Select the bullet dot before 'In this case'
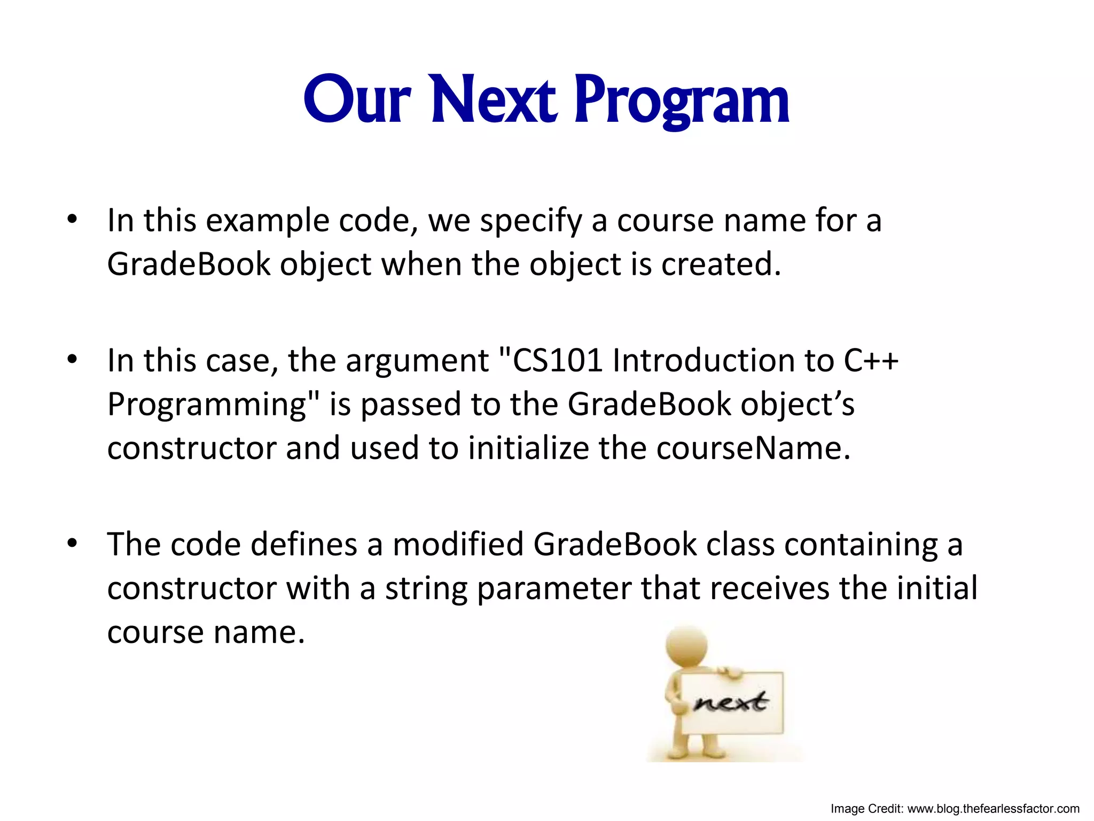73,359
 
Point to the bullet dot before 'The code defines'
73,544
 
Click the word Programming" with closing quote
213,405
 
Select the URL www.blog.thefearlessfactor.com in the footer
994,809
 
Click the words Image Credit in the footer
866,809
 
